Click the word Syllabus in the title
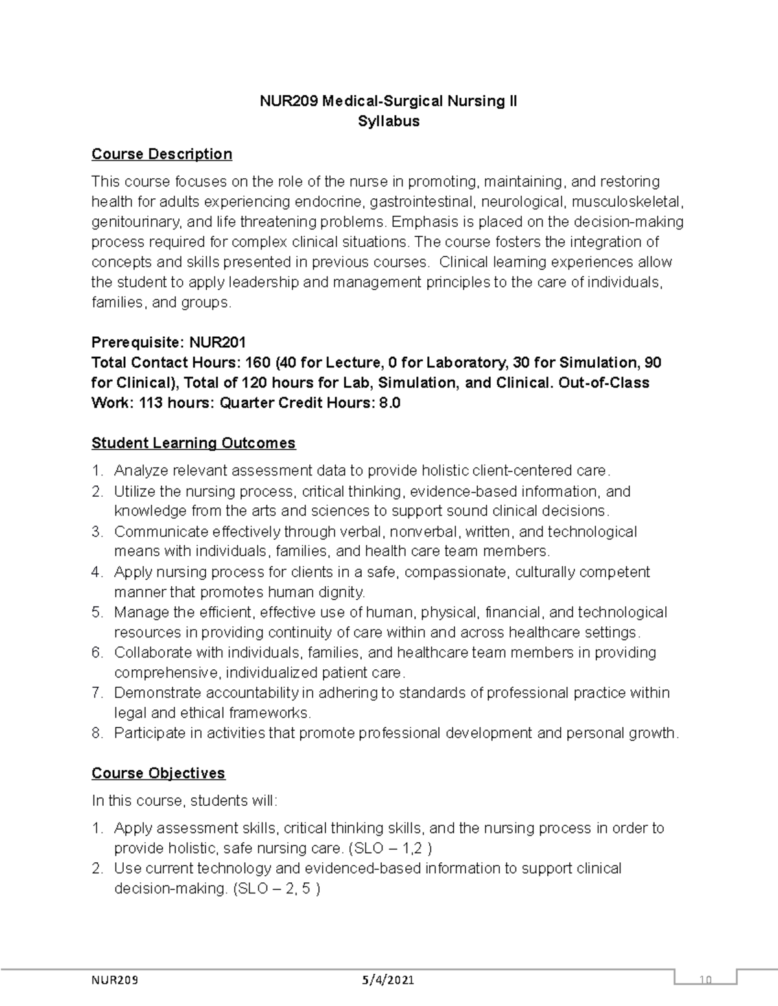[x=388, y=121]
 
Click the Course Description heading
[x=161, y=154]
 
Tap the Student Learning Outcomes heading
[x=193, y=443]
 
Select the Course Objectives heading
[x=158, y=773]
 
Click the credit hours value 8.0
[x=389, y=403]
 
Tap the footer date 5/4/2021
[x=388, y=980]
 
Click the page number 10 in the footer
[x=705, y=980]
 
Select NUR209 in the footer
[x=115, y=980]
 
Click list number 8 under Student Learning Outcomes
[x=97, y=733]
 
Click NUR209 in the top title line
[x=289, y=101]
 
